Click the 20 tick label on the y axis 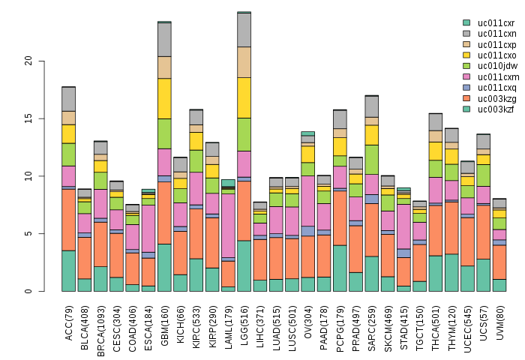[x=28, y=61]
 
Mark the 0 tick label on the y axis [x=28, y=291]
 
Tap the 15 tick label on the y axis [x=28, y=118]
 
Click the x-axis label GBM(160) [x=165, y=323]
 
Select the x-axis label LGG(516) [x=244, y=323]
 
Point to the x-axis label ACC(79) [x=69, y=319]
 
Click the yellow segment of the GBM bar [x=164, y=98]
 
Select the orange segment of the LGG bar [x=244, y=211]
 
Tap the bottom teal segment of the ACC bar [x=68, y=271]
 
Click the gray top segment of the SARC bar [x=371, y=106]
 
